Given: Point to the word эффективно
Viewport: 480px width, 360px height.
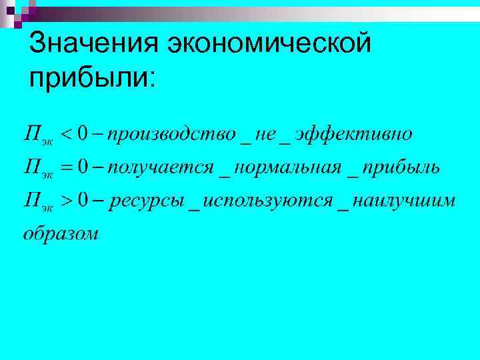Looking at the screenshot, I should [x=353, y=135].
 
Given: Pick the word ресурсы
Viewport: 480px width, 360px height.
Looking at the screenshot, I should [x=147, y=200].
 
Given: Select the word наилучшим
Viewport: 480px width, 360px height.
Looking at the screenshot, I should [x=404, y=200].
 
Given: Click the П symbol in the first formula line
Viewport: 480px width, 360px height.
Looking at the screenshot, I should [x=32, y=134].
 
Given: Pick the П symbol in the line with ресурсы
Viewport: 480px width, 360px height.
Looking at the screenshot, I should [x=32, y=199].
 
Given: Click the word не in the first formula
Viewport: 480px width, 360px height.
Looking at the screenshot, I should [x=265, y=135].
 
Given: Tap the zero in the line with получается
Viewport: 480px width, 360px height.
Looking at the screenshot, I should [x=83, y=167].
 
